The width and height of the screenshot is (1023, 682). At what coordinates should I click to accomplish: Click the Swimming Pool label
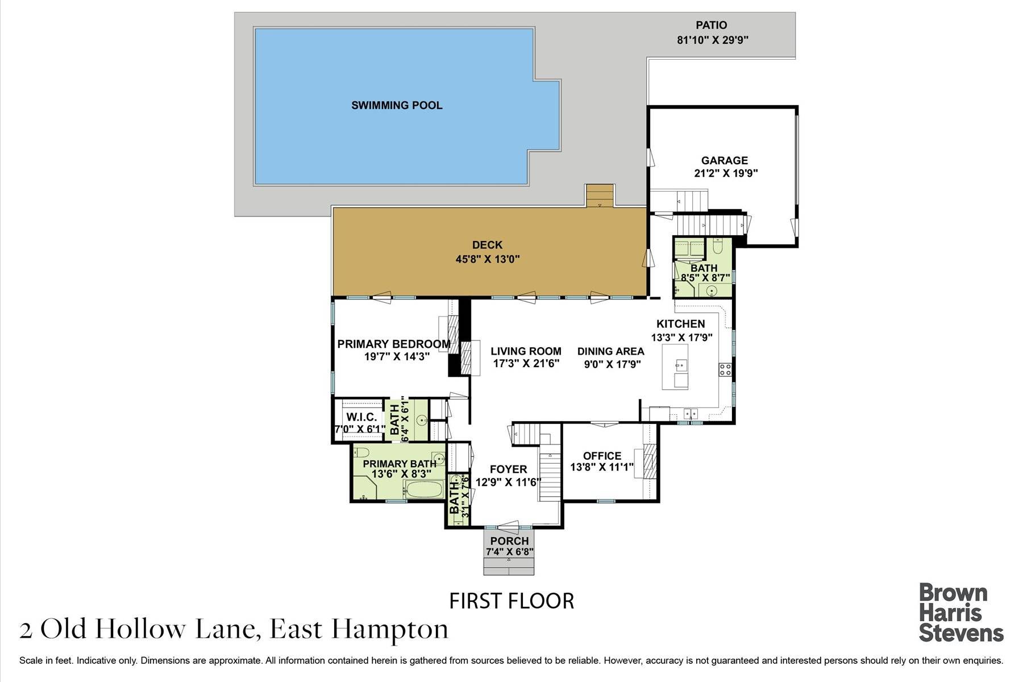point(397,105)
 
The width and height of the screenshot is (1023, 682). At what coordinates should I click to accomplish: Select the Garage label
point(724,160)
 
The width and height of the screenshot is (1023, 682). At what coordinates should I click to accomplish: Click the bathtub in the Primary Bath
point(423,490)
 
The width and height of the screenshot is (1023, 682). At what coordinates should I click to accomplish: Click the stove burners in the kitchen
point(725,369)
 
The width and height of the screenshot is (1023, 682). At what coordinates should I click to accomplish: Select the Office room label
point(602,456)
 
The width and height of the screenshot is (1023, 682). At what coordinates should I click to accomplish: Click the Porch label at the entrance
point(509,541)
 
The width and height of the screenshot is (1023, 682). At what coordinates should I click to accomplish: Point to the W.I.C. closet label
point(361,417)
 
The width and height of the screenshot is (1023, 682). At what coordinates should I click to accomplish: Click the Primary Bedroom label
point(393,344)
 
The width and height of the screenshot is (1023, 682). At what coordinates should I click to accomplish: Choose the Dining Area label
point(610,351)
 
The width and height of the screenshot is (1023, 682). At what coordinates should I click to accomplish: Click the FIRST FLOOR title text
point(511,601)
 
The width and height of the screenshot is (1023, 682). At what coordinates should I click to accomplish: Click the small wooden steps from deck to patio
point(600,196)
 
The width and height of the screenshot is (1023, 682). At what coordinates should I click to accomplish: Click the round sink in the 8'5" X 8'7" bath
point(712,291)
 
